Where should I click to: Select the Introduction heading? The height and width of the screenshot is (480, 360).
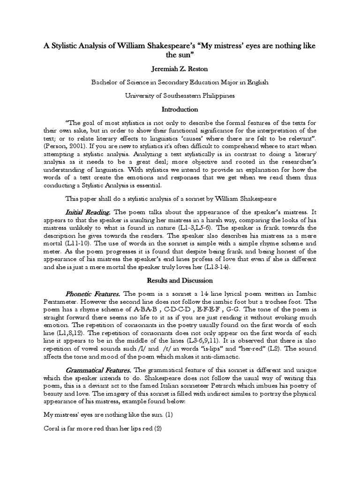(x=180, y=109)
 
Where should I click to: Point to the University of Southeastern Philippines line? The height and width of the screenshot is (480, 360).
(x=180, y=95)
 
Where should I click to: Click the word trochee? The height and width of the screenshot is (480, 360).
(x=262, y=302)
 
